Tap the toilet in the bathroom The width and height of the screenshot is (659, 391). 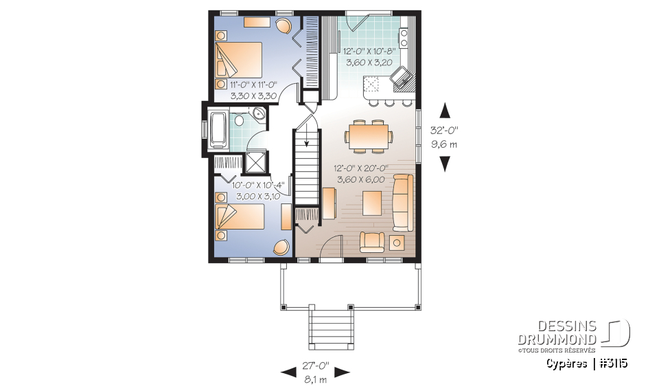[238, 121]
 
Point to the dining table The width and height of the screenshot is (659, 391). [369, 133]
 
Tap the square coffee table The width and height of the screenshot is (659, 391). [372, 203]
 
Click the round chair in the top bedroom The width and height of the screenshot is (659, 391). [283, 26]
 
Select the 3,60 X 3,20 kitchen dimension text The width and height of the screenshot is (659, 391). [369, 62]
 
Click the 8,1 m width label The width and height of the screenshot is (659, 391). [315, 377]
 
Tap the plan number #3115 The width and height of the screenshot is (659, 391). [613, 363]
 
